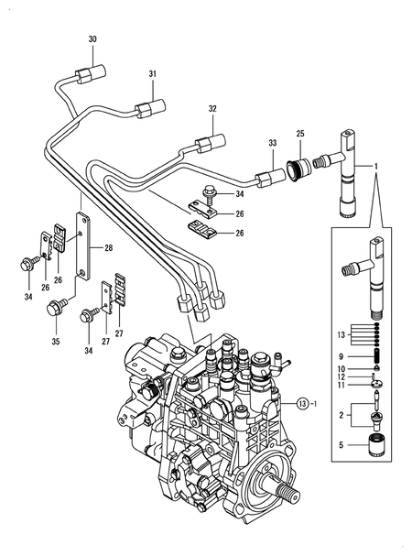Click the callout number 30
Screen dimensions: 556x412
(x=92, y=39)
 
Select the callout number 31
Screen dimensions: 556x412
(x=153, y=73)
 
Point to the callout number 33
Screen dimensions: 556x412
(x=272, y=143)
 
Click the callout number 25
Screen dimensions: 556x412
(x=299, y=135)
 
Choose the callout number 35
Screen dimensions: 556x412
(x=54, y=343)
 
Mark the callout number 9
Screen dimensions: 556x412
(x=340, y=355)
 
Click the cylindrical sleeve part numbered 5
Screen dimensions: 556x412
(x=372, y=448)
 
